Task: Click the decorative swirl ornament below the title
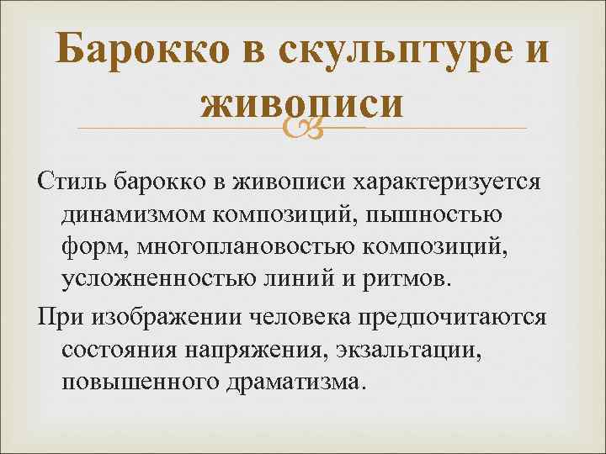(x=302, y=127)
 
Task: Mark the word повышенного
(x=137, y=381)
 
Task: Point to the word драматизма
(x=294, y=381)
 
